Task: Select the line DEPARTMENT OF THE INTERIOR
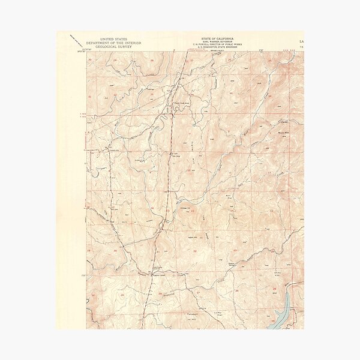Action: [114, 43]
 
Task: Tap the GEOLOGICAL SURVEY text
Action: [114, 47]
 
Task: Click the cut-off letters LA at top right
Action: [301, 41]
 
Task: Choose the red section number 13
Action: [271, 211]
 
